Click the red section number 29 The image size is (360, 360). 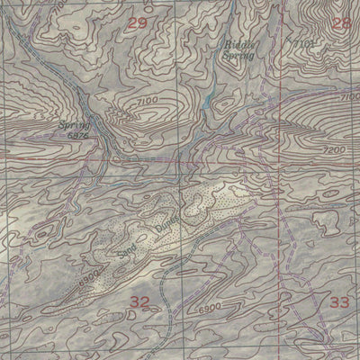(x=136, y=22)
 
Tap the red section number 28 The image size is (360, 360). (x=340, y=22)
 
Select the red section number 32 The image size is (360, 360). (x=139, y=301)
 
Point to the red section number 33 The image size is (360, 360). (x=338, y=301)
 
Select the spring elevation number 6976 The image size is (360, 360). (x=78, y=136)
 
